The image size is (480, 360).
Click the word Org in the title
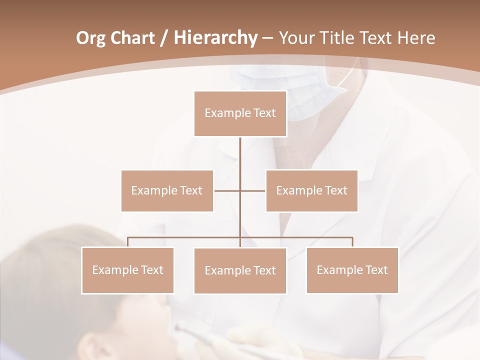pos(91,38)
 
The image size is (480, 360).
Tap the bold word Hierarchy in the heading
pos(215,38)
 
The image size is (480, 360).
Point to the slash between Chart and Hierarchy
pos(163,38)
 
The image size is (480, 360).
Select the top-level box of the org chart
pos(240,113)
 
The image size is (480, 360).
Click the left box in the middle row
pos(167,190)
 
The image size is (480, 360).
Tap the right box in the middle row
pos(311,190)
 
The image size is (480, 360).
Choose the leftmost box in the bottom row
pos(127,270)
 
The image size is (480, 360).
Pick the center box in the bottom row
pos(240,270)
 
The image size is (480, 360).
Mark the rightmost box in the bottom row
pos(352,270)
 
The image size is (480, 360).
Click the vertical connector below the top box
pos(240,160)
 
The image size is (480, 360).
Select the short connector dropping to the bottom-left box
pos(127,242)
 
